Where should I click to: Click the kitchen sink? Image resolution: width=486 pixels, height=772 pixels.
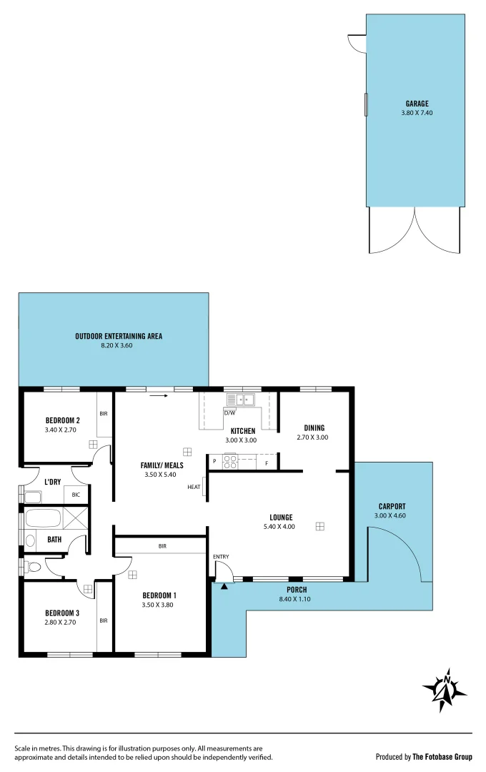pos(242,400)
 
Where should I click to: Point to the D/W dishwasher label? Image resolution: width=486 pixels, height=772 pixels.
pos(229,413)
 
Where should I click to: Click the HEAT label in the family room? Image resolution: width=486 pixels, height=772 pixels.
pos(194,488)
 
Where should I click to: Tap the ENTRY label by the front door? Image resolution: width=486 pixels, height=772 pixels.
pos(221,556)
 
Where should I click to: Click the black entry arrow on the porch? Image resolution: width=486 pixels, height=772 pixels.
pos(224,587)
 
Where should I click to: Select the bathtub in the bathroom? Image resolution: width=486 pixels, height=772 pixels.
pos(43,518)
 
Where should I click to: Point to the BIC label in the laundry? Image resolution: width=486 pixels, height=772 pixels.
pos(76,494)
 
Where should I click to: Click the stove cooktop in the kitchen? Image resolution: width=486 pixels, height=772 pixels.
pos(230,462)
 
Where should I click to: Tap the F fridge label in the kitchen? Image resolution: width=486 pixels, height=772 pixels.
pos(267,463)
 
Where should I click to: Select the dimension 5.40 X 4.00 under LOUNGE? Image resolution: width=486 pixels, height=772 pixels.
pos(281,527)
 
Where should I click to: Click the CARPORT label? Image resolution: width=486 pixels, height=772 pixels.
pos(392,507)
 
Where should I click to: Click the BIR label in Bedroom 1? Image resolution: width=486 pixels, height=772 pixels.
pos(162,546)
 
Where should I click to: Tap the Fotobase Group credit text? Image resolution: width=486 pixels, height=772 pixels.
pos(424,756)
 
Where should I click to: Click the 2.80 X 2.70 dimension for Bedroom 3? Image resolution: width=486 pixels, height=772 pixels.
pos(60,622)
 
